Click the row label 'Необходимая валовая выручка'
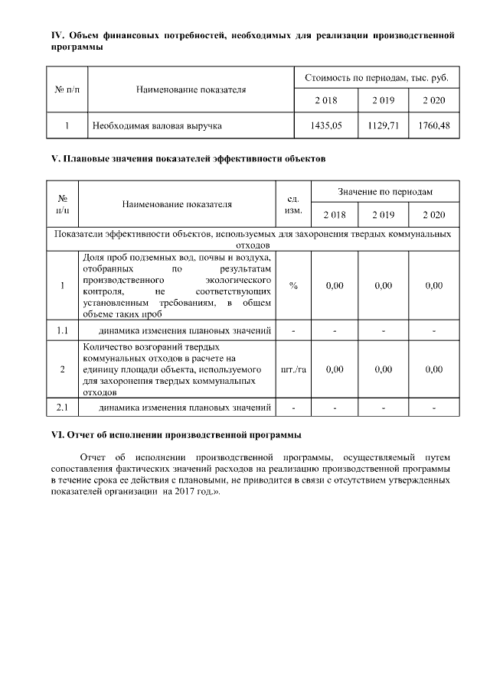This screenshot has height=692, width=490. (157, 125)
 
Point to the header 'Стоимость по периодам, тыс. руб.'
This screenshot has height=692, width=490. (377, 78)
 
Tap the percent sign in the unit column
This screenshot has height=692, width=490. (293, 285)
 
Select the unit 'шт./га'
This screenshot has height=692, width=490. (293, 369)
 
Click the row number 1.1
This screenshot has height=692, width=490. (63, 330)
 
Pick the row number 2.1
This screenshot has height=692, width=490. (63, 406)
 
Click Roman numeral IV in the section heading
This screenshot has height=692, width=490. (55, 35)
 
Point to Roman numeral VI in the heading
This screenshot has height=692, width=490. (56, 434)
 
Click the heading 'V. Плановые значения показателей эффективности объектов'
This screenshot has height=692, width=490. (188, 159)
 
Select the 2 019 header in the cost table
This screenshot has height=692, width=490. (384, 101)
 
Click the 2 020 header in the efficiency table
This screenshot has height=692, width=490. (434, 214)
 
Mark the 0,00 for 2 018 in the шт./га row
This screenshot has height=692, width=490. (334, 369)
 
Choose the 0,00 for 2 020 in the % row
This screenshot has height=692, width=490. (434, 285)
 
